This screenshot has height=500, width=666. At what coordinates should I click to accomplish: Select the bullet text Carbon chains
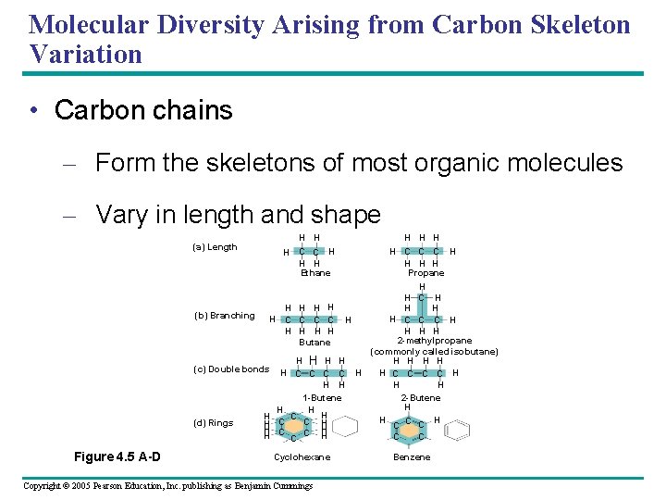click(x=143, y=110)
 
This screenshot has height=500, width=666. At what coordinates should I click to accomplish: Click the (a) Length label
click(x=215, y=247)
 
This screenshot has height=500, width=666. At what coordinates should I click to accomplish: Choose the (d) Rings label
click(x=213, y=423)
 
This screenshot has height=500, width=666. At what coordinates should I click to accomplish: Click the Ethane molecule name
click(x=315, y=273)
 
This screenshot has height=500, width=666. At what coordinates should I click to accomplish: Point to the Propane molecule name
click(x=426, y=273)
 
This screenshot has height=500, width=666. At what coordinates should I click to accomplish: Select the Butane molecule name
click(x=314, y=343)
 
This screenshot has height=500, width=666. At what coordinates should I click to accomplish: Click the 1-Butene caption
click(x=323, y=398)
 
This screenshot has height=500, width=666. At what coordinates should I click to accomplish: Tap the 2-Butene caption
click(x=421, y=398)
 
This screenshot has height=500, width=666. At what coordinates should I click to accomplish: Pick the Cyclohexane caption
click(x=302, y=457)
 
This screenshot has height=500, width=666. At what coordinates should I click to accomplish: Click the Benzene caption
click(x=412, y=457)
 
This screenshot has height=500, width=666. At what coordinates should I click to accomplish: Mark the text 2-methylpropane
click(x=434, y=341)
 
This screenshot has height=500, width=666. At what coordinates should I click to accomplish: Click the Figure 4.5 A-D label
click(x=117, y=456)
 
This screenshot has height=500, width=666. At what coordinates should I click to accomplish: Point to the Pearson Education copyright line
click(x=168, y=485)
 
